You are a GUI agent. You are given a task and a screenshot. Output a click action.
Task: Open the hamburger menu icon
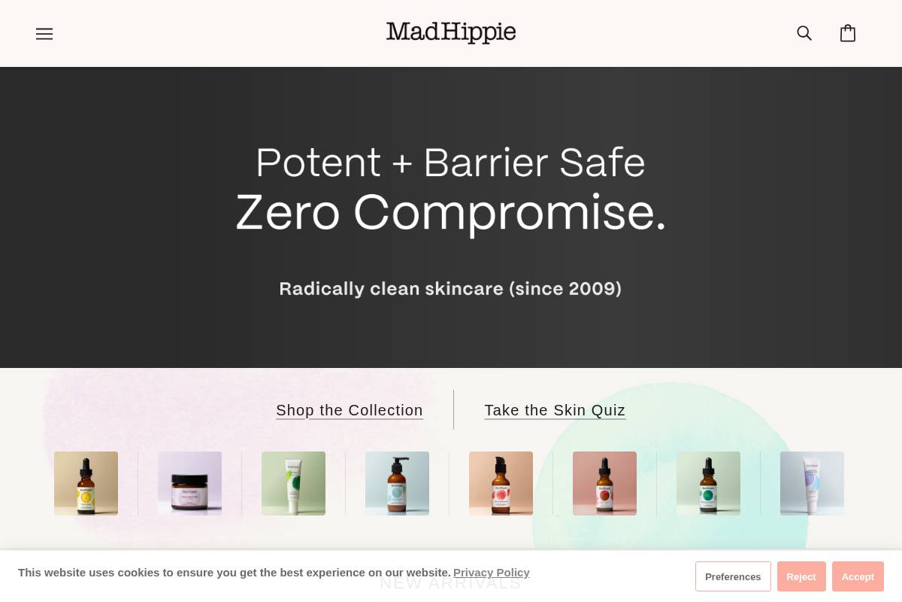(x=44, y=34)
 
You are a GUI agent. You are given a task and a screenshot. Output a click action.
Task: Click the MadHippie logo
(x=451, y=32)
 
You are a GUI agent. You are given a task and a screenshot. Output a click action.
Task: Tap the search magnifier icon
(x=804, y=33)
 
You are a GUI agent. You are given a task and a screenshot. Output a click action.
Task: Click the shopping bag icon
(x=848, y=33)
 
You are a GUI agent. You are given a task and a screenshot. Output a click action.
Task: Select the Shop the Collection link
(x=350, y=410)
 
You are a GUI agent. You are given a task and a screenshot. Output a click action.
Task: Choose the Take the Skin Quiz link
(x=555, y=410)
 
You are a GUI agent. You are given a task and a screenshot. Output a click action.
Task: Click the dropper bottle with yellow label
(x=86, y=483)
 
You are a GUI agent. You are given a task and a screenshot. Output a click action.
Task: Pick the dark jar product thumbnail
(x=189, y=483)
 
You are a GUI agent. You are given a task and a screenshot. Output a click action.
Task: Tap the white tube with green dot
(x=293, y=483)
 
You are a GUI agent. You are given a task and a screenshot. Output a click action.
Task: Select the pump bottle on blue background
(x=397, y=483)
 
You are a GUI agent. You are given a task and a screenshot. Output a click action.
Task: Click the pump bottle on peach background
(x=501, y=483)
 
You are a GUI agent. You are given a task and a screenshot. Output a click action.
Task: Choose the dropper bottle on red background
(x=604, y=483)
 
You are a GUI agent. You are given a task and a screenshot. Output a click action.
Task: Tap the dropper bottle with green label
(x=708, y=483)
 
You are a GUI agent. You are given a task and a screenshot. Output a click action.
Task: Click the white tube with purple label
(x=812, y=483)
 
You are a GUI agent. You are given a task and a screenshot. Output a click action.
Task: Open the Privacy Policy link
(x=492, y=573)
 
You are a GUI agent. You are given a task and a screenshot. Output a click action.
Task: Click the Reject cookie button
(x=801, y=576)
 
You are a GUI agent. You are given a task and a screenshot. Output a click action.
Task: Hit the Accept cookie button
(x=858, y=576)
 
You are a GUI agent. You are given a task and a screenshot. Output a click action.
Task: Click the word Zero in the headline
(x=288, y=213)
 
